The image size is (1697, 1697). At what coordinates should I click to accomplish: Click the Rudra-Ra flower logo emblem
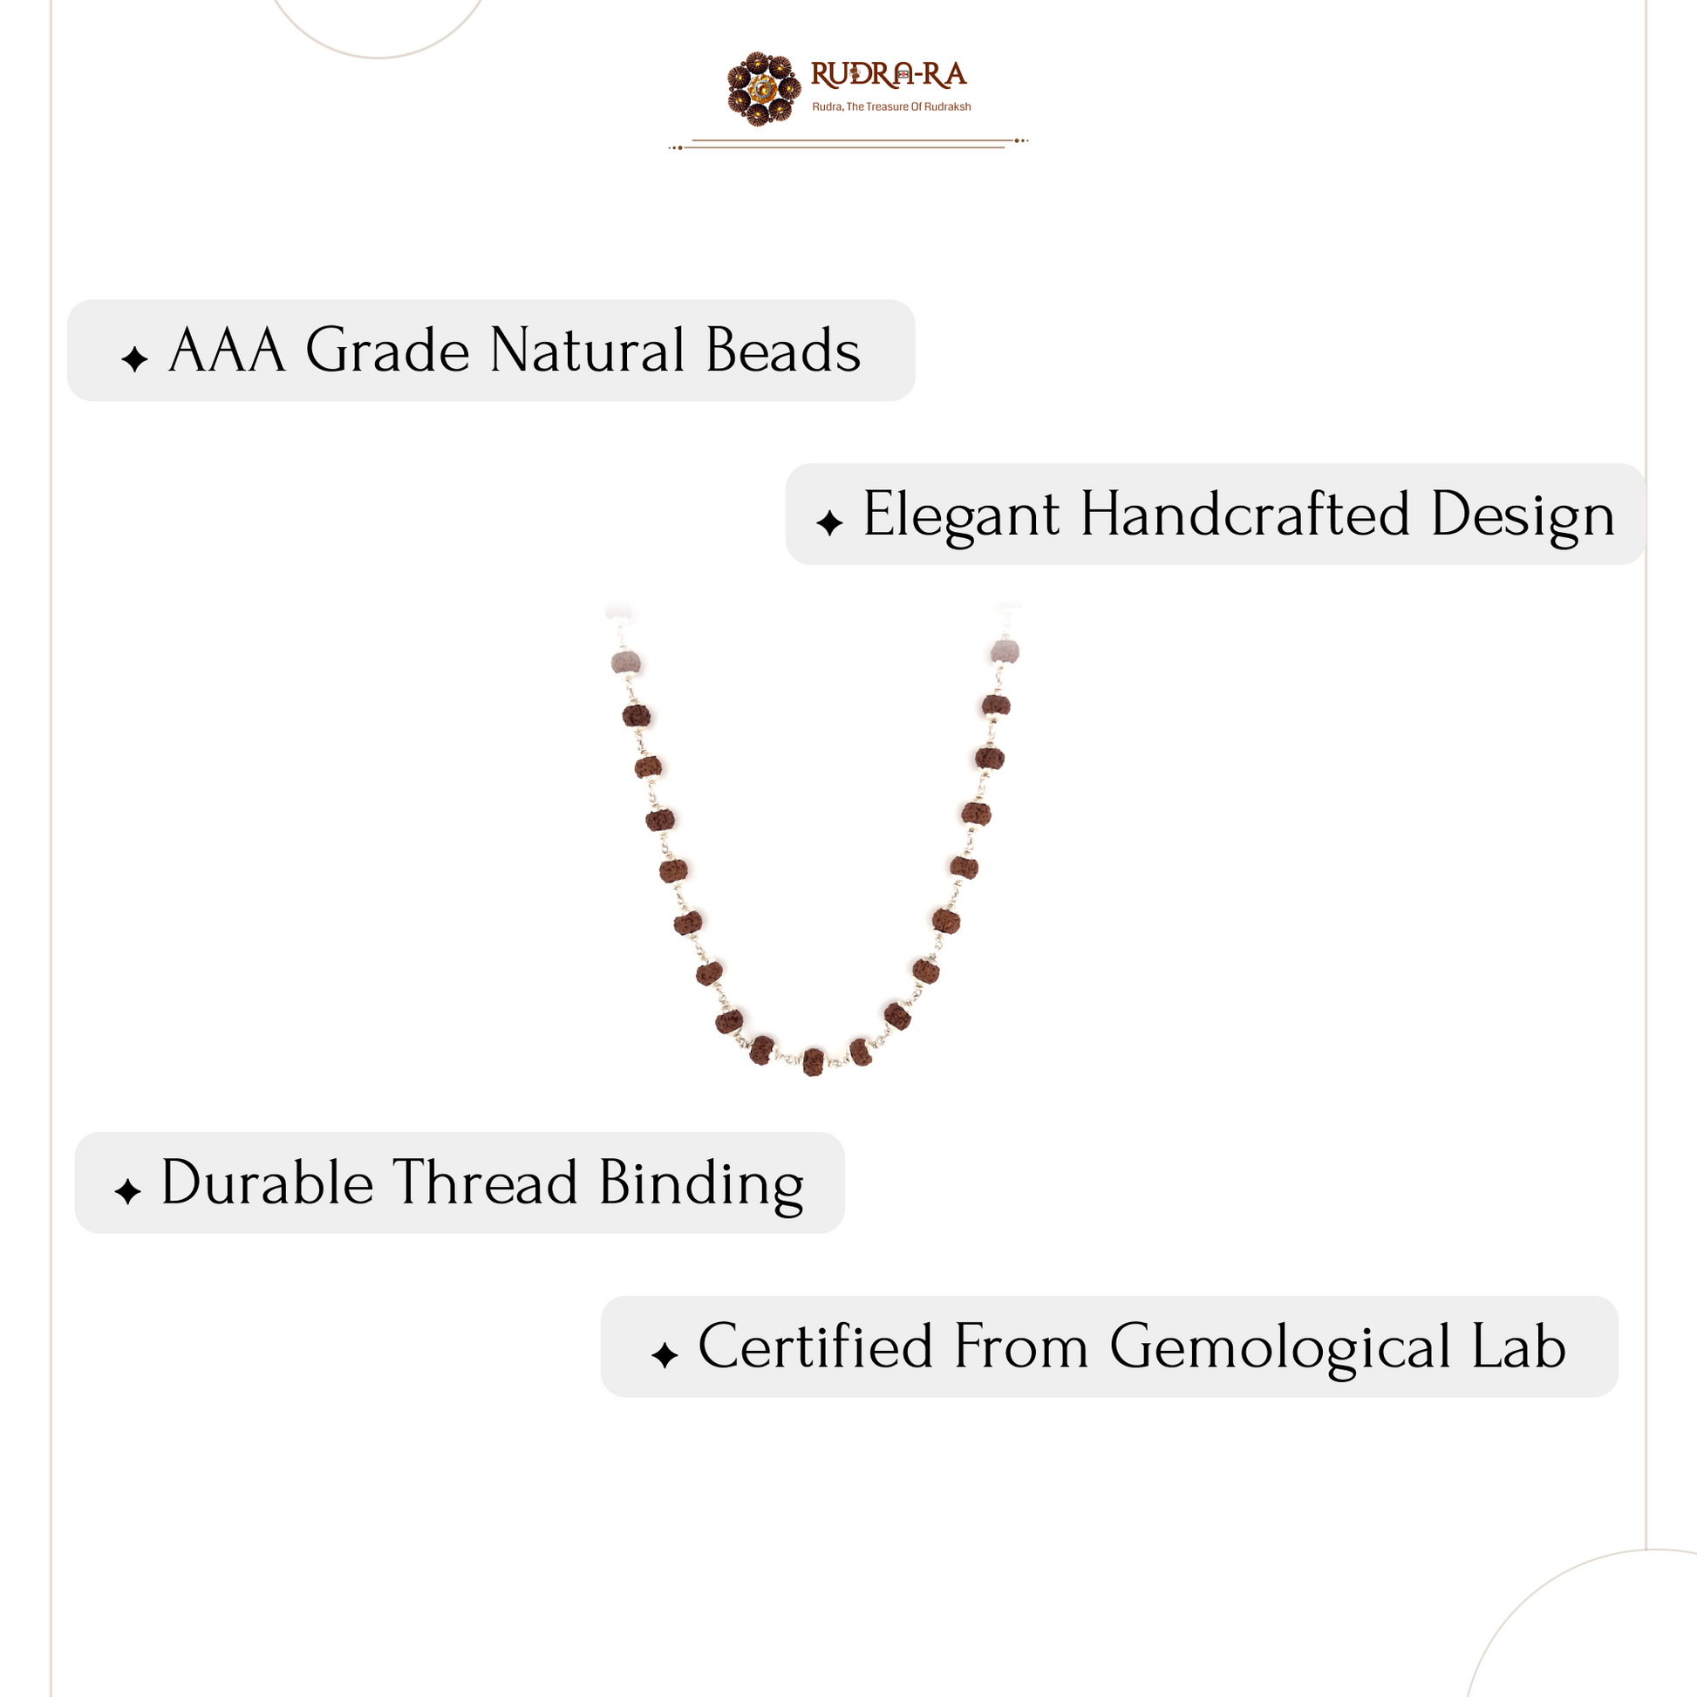click(x=764, y=88)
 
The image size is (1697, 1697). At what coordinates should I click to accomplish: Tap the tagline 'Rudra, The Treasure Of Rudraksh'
click(x=891, y=107)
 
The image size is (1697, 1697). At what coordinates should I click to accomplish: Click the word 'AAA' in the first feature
click(x=228, y=351)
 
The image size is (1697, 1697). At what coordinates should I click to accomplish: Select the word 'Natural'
click(x=588, y=351)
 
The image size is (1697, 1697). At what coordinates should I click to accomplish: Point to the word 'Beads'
click(x=783, y=351)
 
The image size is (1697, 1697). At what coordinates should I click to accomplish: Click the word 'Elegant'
click(x=962, y=515)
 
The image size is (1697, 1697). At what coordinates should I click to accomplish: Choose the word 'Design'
click(x=1523, y=515)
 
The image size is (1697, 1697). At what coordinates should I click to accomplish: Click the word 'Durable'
click(x=268, y=1183)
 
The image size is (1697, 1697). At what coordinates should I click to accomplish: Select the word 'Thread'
click(x=485, y=1183)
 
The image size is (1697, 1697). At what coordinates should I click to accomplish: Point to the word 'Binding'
click(x=701, y=1185)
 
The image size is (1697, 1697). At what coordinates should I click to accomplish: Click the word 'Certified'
click(x=815, y=1346)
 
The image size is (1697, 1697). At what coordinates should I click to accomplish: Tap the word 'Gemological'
click(x=1281, y=1348)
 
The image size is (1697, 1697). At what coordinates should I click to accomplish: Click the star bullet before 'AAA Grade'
click(x=134, y=359)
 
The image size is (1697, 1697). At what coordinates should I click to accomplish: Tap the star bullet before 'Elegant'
click(x=829, y=523)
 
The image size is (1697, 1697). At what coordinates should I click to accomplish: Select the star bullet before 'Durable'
click(x=127, y=1192)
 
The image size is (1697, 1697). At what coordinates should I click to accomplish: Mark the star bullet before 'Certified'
click(x=664, y=1355)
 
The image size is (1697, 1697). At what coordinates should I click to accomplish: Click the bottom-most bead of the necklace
click(x=814, y=1062)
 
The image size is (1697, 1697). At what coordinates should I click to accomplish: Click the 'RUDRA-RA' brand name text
click(x=888, y=76)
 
